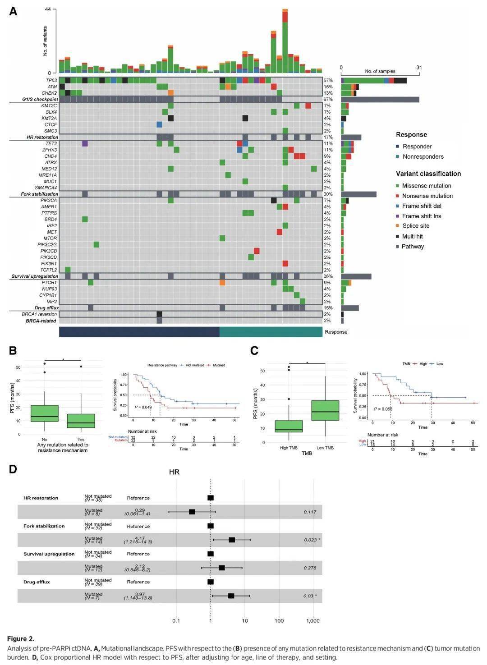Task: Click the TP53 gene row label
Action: coord(51,80)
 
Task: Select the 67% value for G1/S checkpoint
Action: coord(328,99)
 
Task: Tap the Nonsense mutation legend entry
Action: coord(427,196)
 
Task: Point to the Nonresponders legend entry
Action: coord(423,156)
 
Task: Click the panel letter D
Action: coord(13,469)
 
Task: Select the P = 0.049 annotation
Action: coord(143,407)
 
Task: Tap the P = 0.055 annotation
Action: coord(383,409)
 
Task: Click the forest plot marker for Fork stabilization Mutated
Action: coord(232,540)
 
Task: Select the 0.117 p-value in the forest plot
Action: coord(310,512)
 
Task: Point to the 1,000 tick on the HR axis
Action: coord(313,621)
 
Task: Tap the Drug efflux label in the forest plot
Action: coord(37,582)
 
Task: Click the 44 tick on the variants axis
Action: coord(48,9)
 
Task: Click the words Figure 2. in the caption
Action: coord(21,638)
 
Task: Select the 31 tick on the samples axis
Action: coord(419,68)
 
